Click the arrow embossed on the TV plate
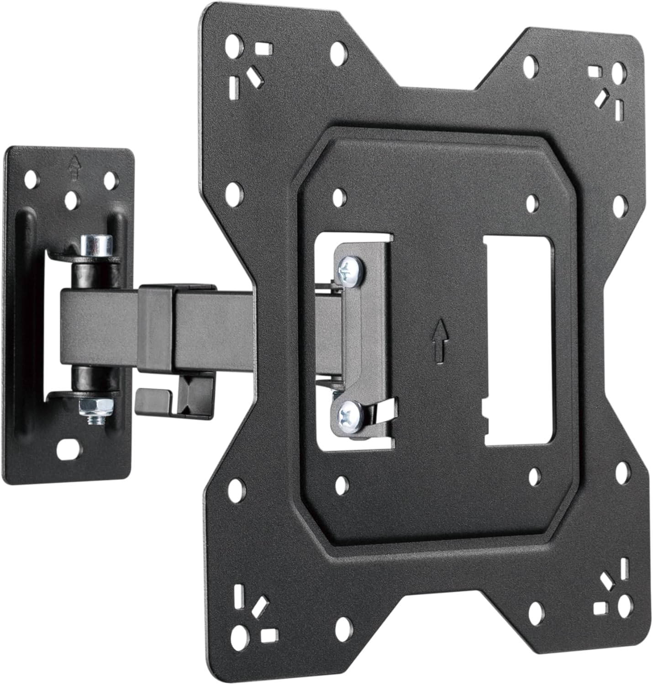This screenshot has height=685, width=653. pos(439,340)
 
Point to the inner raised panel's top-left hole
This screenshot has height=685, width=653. pos(338,197)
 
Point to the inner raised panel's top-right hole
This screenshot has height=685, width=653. pos(532,202)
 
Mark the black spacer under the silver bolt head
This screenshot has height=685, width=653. pos(92,274)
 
